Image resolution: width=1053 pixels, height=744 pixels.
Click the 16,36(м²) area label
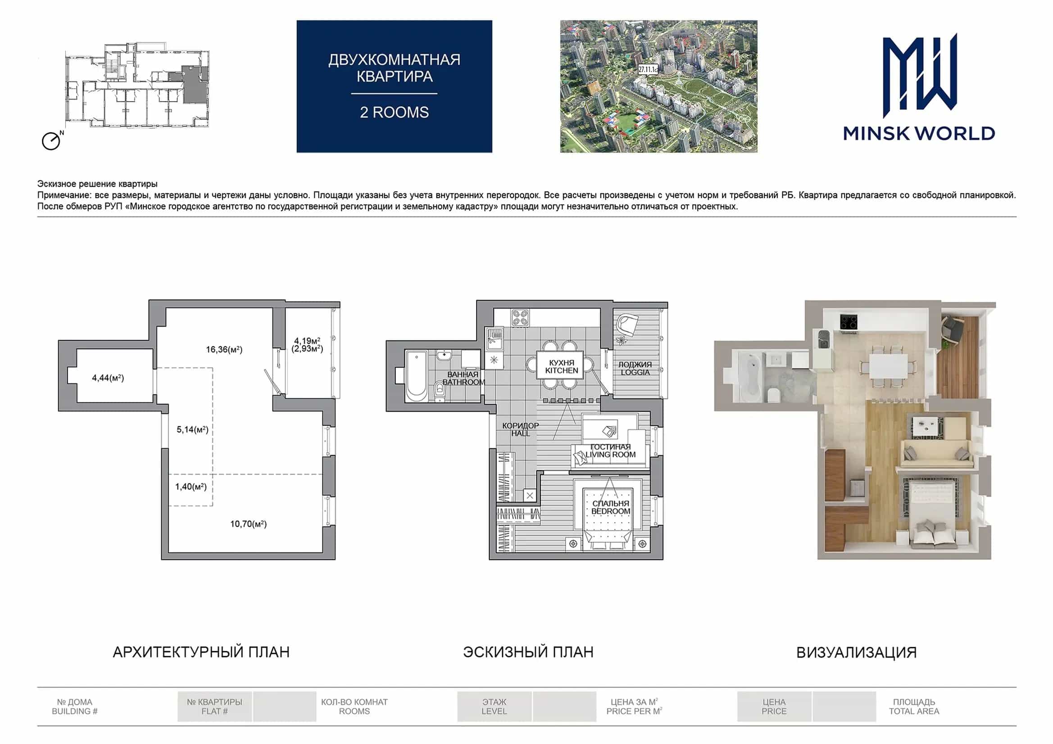pyautogui.click(x=224, y=350)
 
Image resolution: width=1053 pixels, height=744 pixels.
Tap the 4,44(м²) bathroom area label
pyautogui.click(x=108, y=378)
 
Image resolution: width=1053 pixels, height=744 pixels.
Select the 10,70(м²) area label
pyautogui.click(x=248, y=523)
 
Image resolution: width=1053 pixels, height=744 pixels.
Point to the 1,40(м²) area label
pyautogui.click(x=191, y=487)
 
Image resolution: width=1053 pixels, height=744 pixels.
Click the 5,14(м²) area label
pyautogui.click(x=193, y=429)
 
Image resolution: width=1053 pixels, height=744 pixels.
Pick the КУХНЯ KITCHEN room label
pyautogui.click(x=561, y=366)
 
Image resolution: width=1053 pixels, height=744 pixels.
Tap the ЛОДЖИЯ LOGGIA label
pyautogui.click(x=635, y=368)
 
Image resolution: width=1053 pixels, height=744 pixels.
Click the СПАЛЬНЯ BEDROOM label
pyautogui.click(x=610, y=507)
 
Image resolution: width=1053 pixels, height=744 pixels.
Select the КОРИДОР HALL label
pyautogui.click(x=521, y=429)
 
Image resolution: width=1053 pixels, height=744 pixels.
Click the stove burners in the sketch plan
pyautogui.click(x=520, y=317)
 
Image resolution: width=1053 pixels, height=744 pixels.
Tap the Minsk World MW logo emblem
pyautogui.click(x=920, y=75)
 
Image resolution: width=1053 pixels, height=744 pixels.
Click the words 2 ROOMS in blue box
pyautogui.click(x=395, y=113)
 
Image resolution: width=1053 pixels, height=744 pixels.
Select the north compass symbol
pyautogui.click(x=52, y=140)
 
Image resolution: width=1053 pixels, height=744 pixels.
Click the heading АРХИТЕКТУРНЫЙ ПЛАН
pyautogui.click(x=201, y=652)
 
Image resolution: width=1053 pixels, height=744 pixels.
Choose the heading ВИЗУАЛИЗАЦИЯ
pyautogui.click(x=856, y=652)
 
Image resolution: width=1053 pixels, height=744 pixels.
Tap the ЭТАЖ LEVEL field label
pyautogui.click(x=494, y=706)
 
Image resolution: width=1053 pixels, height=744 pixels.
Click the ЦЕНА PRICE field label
pyautogui.click(x=774, y=706)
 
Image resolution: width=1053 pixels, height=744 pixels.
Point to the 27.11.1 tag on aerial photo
pyautogui.click(x=648, y=70)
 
